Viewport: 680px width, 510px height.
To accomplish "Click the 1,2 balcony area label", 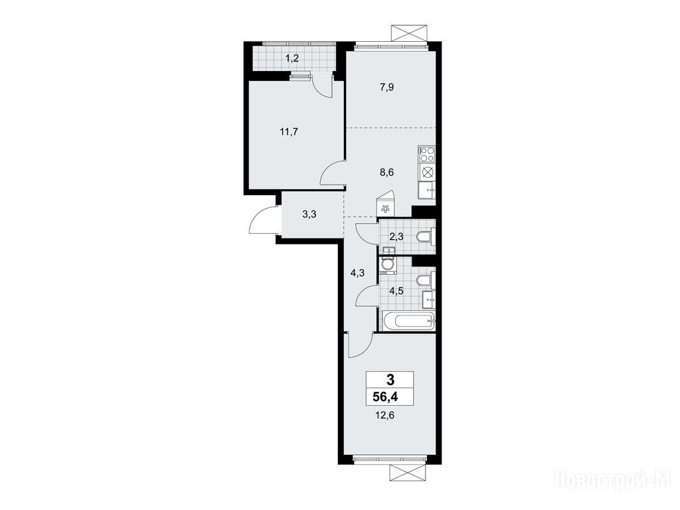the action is coord(292,58).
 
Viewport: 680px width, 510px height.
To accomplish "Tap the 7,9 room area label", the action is coord(387,87).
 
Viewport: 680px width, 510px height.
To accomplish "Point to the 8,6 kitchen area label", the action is coord(387,172).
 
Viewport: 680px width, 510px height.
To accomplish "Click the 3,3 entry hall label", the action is coord(309,214).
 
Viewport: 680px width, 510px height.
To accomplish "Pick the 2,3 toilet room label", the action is coord(396,237).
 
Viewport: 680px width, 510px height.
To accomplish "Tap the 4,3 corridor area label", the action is coord(357,273).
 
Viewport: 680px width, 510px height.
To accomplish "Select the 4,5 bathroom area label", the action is coord(396,291).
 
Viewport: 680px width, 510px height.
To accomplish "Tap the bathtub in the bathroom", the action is coord(408,321).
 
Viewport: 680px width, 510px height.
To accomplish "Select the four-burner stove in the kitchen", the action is coord(427,155).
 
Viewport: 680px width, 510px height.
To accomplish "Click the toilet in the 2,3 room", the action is coord(424,237).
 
